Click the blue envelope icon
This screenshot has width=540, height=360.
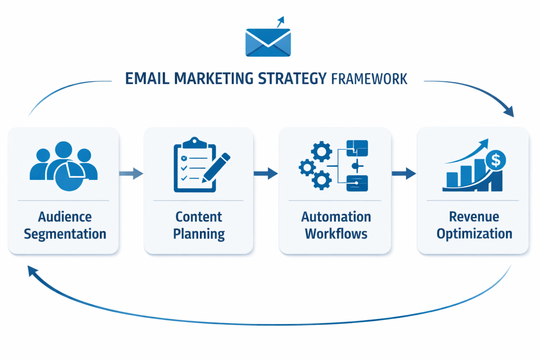coord(268,43)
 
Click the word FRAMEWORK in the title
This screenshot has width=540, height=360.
coord(369,79)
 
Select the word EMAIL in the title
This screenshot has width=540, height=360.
coord(147,79)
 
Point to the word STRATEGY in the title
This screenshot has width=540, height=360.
coord(292,79)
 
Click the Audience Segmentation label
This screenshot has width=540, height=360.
coord(65,225)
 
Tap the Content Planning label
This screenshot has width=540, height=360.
coord(199,225)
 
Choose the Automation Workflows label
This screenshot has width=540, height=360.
coord(336,225)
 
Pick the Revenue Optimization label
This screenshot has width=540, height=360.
coord(474,225)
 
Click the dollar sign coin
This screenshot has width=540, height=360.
coord(496,160)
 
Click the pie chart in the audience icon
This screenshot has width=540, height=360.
coord(70,175)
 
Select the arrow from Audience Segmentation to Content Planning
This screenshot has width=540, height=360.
coord(131,173)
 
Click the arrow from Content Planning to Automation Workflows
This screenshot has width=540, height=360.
coord(266,173)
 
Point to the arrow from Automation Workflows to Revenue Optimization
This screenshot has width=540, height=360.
coord(404,173)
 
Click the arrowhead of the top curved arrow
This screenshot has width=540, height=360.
coord(509,112)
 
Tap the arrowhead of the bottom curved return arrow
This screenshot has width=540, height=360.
coord(32,271)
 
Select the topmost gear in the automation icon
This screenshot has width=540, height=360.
coord(322,151)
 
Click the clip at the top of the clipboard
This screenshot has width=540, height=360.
coord(194,143)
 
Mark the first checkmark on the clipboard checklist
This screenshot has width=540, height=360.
coord(184,158)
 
